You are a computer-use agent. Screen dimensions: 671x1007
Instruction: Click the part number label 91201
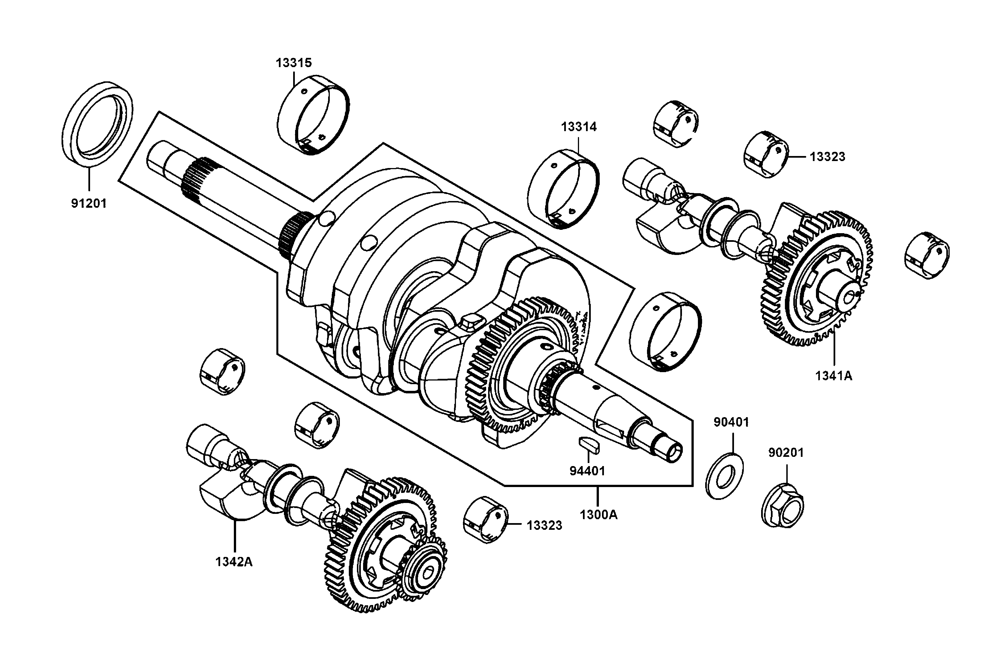(x=89, y=203)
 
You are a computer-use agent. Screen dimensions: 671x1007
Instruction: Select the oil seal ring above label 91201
(x=98, y=122)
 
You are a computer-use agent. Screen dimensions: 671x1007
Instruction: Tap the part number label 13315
(x=294, y=63)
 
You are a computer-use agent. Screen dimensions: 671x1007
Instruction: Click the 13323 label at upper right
(x=827, y=157)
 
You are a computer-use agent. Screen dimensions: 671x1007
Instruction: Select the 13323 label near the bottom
(x=544, y=526)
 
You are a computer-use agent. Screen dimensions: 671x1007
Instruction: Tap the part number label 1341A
(x=834, y=376)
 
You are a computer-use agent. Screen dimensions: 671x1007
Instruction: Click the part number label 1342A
(x=234, y=562)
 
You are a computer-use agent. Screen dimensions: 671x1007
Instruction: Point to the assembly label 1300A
(x=599, y=515)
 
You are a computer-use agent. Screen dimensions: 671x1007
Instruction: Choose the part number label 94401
(x=587, y=471)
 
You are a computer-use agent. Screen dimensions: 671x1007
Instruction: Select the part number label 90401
(x=731, y=422)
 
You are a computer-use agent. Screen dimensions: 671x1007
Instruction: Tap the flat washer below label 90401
(x=724, y=478)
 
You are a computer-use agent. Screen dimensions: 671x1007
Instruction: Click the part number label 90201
(x=786, y=452)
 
